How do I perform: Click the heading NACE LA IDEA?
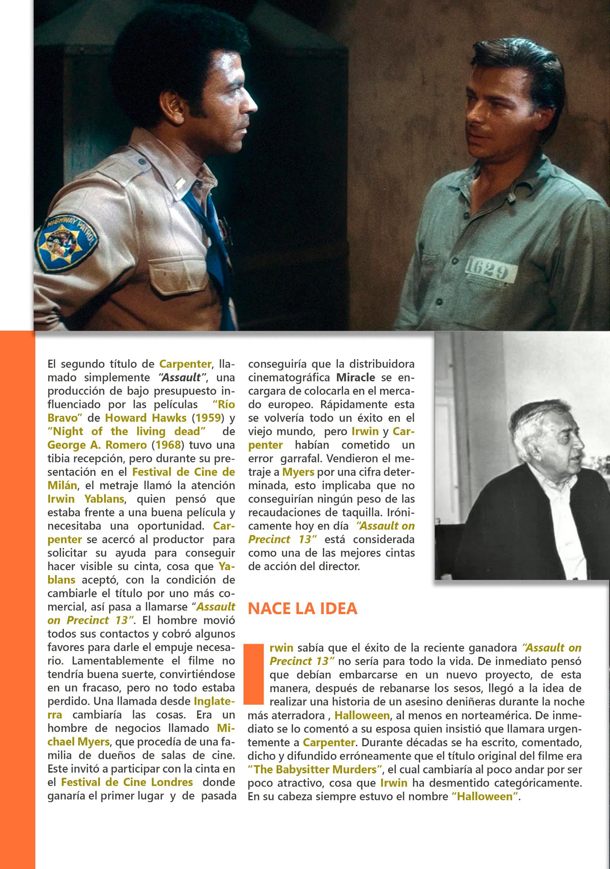[x=302, y=608]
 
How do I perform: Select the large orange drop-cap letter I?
[x=254, y=673]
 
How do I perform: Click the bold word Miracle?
[x=355, y=377]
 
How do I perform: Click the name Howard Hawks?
[x=145, y=418]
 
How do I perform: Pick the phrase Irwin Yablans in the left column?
[x=86, y=499]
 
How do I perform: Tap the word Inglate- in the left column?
[x=214, y=701]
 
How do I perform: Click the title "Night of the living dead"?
[x=127, y=431]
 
